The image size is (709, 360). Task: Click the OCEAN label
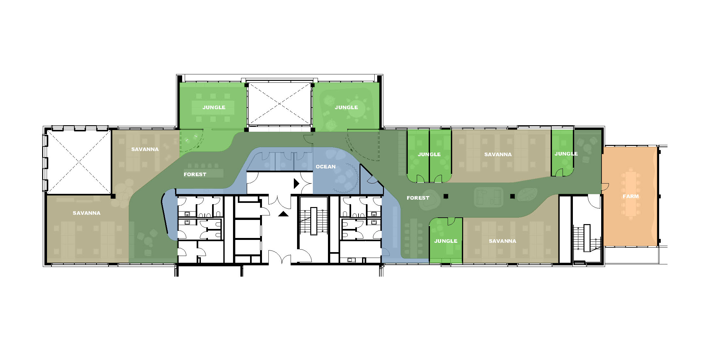325,166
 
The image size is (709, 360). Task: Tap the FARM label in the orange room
630,196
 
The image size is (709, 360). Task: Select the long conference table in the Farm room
631,194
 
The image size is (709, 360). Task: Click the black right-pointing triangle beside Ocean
296,184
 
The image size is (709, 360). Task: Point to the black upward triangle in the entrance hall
283,214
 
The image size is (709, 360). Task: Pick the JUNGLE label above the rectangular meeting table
214,107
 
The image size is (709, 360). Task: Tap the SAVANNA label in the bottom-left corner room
87,213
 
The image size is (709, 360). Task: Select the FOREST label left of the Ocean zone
195,174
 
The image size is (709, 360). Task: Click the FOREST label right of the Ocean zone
418,198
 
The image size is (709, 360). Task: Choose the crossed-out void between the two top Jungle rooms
279,104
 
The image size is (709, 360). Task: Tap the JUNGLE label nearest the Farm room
566,154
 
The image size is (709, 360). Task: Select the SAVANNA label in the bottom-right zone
502,241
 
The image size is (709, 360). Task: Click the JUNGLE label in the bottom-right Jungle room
445,241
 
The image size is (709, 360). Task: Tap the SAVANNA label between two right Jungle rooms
498,154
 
